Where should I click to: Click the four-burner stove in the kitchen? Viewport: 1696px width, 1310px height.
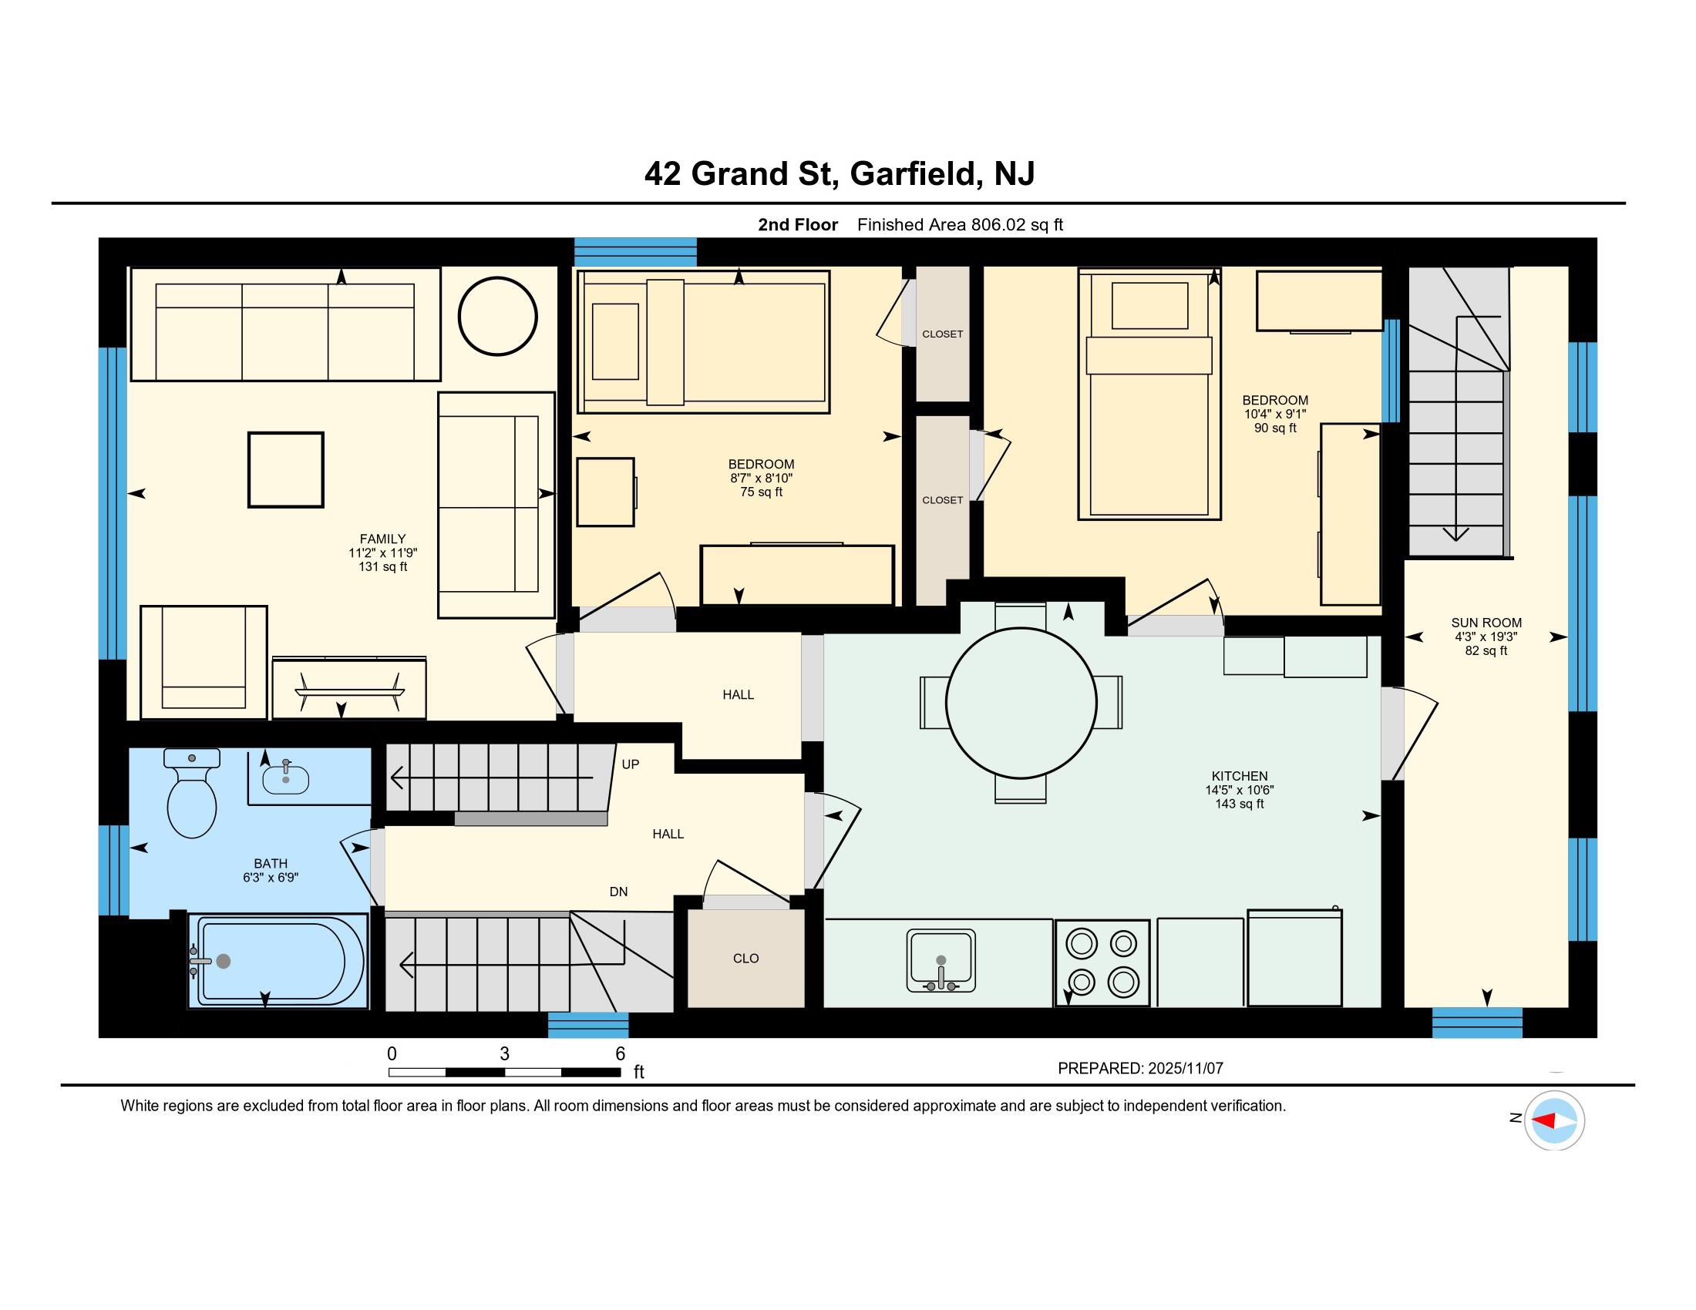(1102, 963)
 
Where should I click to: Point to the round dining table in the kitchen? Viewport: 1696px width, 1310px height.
(1021, 703)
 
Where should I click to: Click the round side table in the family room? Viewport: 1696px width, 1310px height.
(498, 317)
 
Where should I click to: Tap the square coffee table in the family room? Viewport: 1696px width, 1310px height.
(286, 469)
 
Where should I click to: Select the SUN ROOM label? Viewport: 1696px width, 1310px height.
(1486, 623)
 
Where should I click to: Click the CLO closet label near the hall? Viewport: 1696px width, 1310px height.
(745, 959)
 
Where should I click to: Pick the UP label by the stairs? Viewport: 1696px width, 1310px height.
(631, 764)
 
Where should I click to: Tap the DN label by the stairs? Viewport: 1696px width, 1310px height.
(618, 892)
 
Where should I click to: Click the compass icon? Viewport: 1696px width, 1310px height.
(1554, 1120)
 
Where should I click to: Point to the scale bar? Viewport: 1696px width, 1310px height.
(505, 1073)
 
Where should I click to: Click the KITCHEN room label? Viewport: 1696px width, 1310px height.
(1240, 776)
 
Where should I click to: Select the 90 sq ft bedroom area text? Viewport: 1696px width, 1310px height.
(1275, 428)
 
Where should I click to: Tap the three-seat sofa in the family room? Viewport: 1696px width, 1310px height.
(285, 324)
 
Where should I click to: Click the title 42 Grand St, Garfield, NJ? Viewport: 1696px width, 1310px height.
(840, 173)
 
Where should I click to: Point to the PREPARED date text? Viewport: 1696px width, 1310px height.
(1140, 1069)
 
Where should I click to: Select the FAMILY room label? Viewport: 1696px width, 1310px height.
(383, 539)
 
